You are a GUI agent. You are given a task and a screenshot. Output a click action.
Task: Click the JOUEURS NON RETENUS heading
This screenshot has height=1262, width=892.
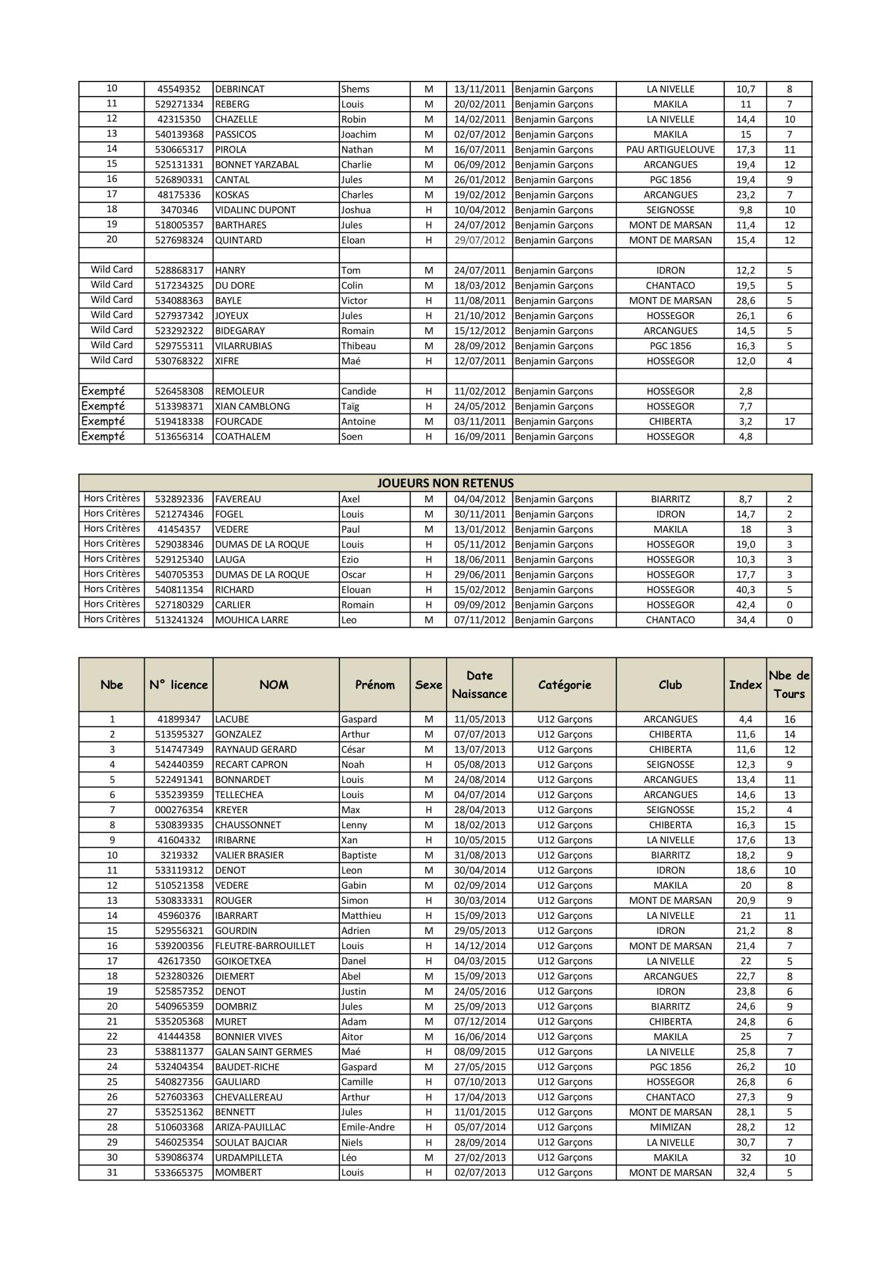point(445,483)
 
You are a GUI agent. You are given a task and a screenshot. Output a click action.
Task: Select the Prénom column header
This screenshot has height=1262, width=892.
point(374,684)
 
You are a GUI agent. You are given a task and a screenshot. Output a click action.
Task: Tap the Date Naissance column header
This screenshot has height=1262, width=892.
point(479,684)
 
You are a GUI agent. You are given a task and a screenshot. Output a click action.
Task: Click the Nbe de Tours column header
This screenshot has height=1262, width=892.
point(789,684)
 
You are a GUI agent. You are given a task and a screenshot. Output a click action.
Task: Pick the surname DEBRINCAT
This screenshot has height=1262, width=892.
point(240,89)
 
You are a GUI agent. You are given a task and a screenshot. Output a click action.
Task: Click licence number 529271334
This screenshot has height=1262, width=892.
point(179,105)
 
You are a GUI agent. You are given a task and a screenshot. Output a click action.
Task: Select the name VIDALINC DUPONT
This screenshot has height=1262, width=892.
point(255,210)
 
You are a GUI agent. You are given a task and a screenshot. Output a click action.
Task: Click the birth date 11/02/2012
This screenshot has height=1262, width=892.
point(480,392)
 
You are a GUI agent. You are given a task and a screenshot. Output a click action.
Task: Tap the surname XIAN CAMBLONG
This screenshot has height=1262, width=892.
point(252,407)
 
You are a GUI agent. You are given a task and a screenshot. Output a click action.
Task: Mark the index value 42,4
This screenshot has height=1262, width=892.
point(745,605)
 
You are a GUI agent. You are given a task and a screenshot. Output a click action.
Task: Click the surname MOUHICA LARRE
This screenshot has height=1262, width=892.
point(251,620)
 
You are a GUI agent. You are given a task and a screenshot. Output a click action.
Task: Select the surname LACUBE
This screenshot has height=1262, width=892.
point(232,720)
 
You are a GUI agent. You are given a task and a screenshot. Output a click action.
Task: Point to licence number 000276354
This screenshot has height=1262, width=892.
point(179,810)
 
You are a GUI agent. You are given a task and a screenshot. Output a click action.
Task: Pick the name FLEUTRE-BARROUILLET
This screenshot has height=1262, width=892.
point(265,947)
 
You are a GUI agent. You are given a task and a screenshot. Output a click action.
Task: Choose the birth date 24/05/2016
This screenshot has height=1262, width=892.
point(480,992)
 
